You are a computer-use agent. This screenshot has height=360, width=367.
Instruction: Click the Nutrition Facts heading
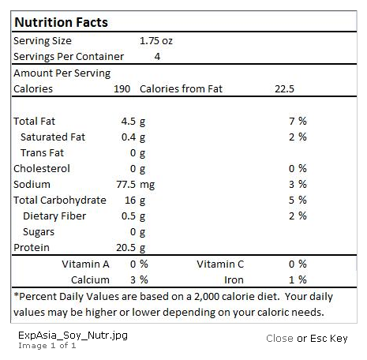[61, 22]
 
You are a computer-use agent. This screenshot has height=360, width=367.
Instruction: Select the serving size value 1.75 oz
[156, 41]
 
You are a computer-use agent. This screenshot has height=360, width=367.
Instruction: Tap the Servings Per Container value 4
[157, 57]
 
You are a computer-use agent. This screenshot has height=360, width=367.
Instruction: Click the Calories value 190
[122, 89]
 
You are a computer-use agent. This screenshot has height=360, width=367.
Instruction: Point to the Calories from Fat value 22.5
[284, 89]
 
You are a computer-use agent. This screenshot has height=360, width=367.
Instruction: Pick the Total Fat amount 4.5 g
[133, 122]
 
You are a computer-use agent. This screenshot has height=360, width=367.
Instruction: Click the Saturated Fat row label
[53, 137]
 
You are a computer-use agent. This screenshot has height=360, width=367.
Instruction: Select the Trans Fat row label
[42, 153]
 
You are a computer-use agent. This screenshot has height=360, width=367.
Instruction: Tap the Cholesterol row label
[42, 169]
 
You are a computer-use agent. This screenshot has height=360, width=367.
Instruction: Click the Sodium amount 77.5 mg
[136, 185]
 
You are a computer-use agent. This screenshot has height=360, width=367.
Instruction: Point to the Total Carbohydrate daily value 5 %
[298, 201]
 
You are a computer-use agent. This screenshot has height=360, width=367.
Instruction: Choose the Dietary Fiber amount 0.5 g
[133, 216]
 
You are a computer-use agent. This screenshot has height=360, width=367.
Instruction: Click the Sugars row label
[39, 232]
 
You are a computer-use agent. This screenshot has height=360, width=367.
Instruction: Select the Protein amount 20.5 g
[131, 248]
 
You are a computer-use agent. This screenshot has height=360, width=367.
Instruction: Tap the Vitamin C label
[220, 264]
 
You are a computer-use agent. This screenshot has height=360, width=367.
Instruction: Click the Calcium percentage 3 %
[139, 280]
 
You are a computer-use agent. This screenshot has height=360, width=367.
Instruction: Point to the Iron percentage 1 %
[298, 280]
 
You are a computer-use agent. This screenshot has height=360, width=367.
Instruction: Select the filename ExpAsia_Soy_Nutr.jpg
[73, 336]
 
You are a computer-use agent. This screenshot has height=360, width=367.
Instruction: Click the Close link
[279, 339]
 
